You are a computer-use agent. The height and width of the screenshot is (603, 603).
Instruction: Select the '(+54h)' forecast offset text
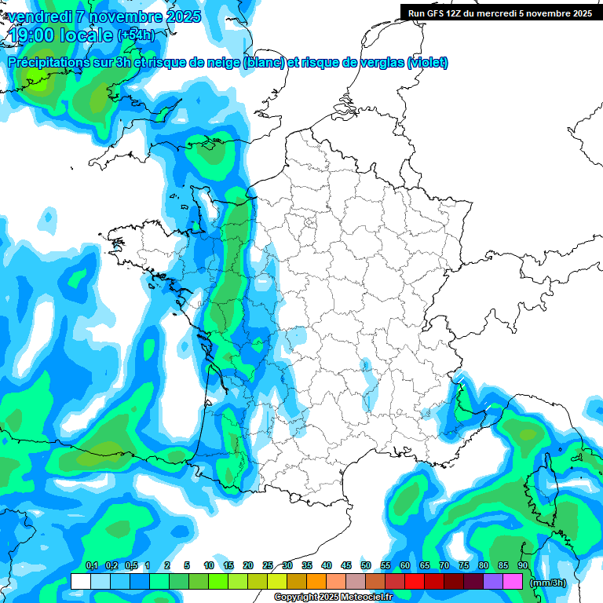click(x=136, y=35)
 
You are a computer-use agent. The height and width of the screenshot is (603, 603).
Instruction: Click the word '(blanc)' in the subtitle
click(x=264, y=62)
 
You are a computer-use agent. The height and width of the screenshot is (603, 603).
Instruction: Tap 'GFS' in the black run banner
click(x=438, y=13)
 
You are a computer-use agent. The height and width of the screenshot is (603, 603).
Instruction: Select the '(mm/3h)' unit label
click(x=548, y=582)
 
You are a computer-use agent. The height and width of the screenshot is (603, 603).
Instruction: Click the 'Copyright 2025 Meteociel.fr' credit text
click(x=333, y=598)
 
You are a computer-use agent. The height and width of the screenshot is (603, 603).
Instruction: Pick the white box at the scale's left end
click(x=80, y=582)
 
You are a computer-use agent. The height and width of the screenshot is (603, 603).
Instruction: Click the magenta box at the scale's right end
click(x=513, y=582)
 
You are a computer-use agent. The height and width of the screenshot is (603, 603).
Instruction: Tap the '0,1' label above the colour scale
click(x=91, y=565)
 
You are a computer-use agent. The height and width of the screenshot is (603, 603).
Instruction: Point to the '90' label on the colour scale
click(x=523, y=565)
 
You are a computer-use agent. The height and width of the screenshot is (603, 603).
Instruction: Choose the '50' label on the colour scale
click(x=366, y=565)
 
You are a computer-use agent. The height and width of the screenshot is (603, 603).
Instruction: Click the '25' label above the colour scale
click(x=268, y=565)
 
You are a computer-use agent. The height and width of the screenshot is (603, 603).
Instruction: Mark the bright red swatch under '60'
click(x=415, y=582)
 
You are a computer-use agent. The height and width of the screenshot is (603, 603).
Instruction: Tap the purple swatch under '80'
click(x=493, y=582)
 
